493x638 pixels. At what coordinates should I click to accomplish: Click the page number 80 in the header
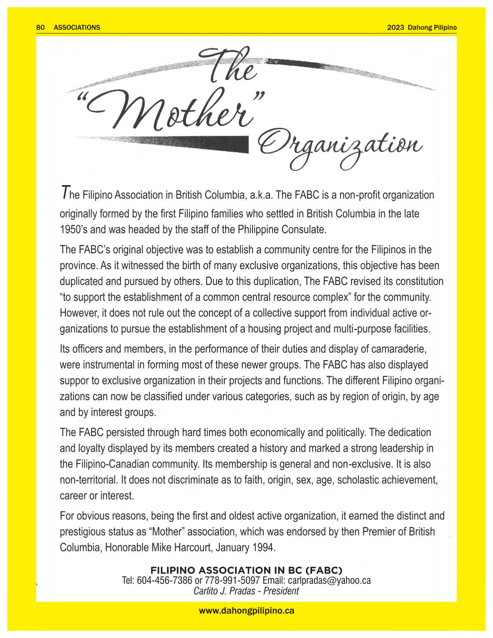40,27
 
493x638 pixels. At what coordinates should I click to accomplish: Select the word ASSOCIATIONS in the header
77,27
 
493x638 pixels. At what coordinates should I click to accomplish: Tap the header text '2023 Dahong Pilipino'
422,27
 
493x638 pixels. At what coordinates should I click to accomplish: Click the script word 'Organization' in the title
340,149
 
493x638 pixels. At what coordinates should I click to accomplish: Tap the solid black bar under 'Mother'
217,142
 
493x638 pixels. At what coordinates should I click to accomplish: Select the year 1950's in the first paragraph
74,230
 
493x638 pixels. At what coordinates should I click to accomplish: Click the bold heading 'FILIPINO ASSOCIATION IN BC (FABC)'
246,570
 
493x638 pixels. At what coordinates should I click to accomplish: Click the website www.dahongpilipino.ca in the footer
246,611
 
